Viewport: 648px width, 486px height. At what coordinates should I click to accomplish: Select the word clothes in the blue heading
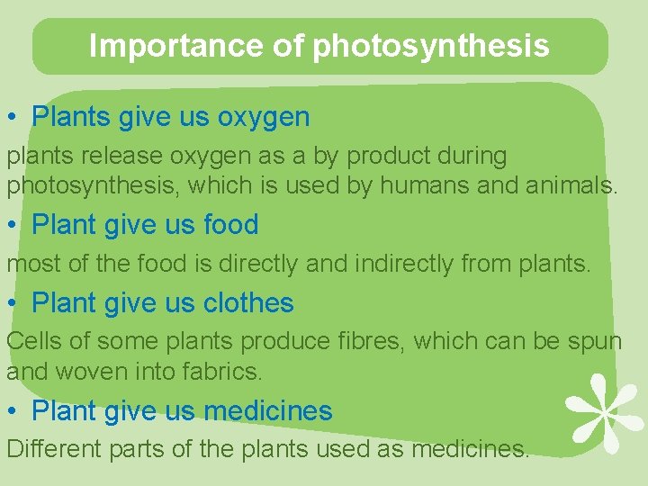[248, 303]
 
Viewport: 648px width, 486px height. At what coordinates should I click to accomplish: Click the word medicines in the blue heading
[268, 411]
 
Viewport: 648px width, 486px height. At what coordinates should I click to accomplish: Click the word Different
[50, 448]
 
